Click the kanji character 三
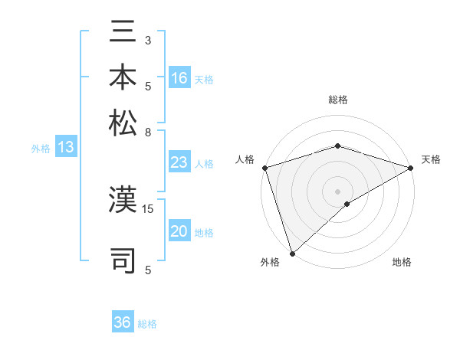pos(123,34)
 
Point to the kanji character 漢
pos(123,201)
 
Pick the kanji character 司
pos(123,258)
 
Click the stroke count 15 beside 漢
pos(148,208)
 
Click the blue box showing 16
pos(179,78)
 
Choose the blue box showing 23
pos(179,162)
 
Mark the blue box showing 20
pos(179,231)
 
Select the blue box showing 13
pos(66,148)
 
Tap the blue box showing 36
pos(123,322)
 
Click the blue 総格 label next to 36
pos(147,324)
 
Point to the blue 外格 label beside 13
pos(41,149)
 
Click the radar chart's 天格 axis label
pos(432,159)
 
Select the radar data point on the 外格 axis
pos(292,253)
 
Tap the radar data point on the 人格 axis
pos(264,168)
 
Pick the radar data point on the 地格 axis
pos(347,204)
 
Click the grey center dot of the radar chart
pos(337,191)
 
